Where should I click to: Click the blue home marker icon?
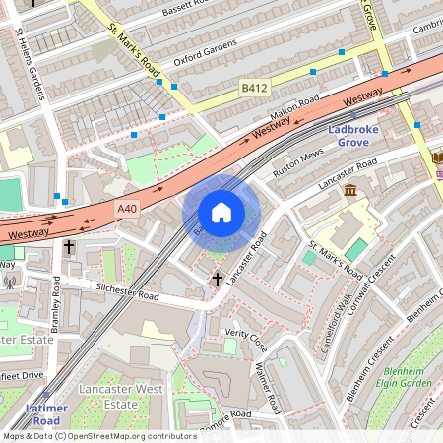[221, 212]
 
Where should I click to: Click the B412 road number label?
[255, 89]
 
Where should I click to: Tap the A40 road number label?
[128, 208]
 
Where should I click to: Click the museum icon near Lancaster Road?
[349, 189]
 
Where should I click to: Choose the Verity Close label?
[245, 340]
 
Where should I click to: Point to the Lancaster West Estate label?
[122, 397]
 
